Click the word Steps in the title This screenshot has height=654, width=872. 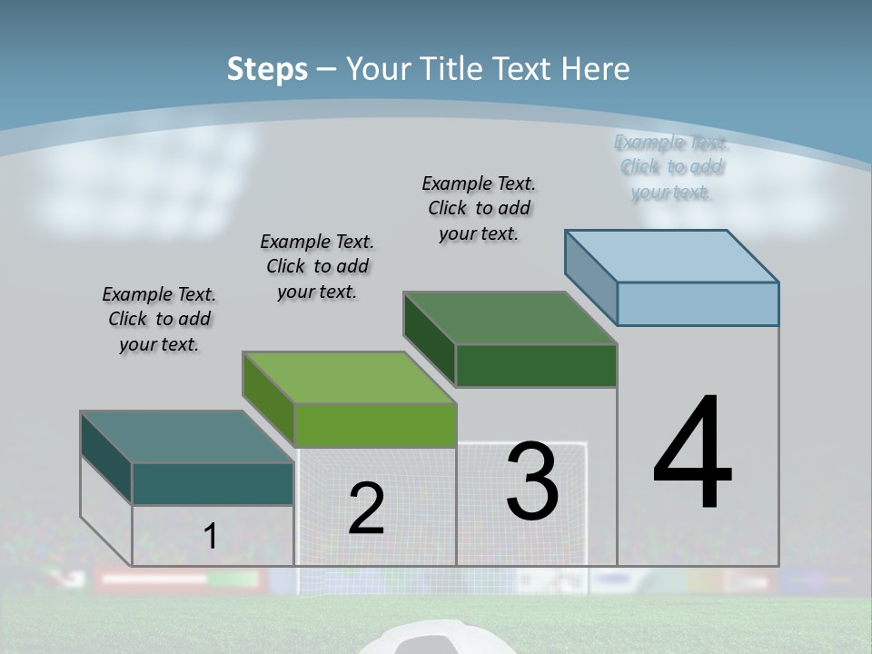[x=267, y=69]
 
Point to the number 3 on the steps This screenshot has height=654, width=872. [x=532, y=481]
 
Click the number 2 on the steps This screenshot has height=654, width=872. [x=366, y=509]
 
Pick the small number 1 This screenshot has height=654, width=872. [x=211, y=536]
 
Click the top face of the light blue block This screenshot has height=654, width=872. [x=672, y=255]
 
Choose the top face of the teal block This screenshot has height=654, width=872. [x=187, y=437]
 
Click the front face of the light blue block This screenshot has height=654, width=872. [x=698, y=303]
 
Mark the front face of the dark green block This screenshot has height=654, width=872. [x=536, y=365]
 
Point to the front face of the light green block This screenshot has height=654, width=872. [x=374, y=425]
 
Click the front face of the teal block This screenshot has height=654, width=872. [x=213, y=483]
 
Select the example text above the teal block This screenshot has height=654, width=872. [x=159, y=319]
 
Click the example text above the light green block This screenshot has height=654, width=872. [x=317, y=266]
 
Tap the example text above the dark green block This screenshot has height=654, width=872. [x=479, y=208]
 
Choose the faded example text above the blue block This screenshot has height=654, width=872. [x=671, y=166]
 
